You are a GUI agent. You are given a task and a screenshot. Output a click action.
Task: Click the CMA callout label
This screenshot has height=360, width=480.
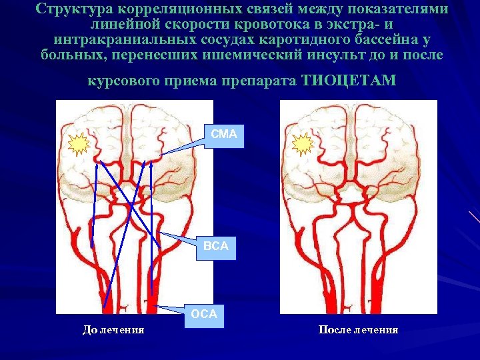pos(224,135)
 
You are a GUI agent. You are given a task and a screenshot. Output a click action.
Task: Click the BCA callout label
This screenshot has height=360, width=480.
pos(215,246)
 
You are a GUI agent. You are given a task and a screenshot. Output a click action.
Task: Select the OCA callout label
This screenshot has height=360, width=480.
pos(204,314)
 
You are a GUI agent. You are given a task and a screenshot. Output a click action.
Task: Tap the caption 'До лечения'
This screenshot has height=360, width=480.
pos(113,329)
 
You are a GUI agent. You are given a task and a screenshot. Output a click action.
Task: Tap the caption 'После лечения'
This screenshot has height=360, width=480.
pos(358,329)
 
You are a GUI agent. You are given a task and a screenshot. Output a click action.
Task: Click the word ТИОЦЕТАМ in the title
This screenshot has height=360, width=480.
pos(349,81)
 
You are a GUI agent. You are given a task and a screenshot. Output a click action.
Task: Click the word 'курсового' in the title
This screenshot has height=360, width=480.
pos(122,81)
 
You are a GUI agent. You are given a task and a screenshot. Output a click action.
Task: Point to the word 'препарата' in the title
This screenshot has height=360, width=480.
pos(261,81)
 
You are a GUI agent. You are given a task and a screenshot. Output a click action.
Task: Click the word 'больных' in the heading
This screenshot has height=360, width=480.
pos(70,54)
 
